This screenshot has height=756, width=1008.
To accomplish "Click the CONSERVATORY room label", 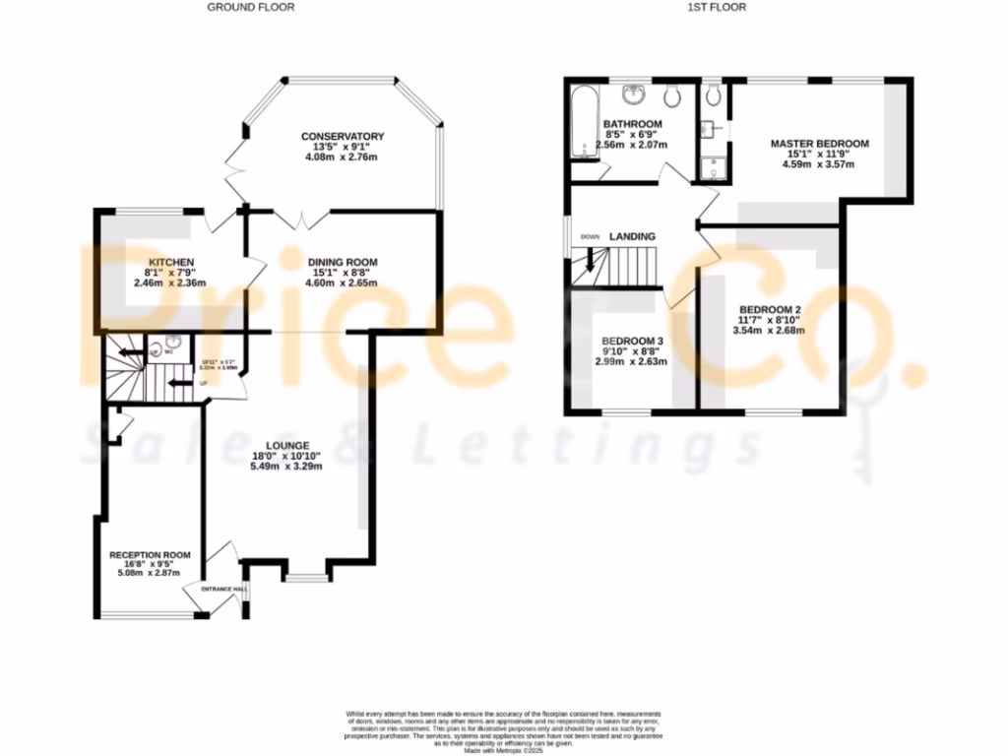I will [343, 136].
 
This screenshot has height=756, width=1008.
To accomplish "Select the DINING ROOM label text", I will [343, 262].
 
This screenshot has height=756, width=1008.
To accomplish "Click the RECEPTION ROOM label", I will [150, 555].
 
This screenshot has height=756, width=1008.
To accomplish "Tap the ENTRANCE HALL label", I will [223, 589].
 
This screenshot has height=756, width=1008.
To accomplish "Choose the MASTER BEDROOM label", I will [819, 144].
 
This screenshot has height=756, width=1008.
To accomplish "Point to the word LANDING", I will [632, 237].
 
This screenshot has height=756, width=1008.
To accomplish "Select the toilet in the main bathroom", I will [673, 95].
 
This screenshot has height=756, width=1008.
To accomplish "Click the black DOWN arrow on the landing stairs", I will [590, 261].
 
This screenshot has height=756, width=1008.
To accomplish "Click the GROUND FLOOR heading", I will [250, 7].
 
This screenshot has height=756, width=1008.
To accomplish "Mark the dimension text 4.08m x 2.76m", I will [343, 157].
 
